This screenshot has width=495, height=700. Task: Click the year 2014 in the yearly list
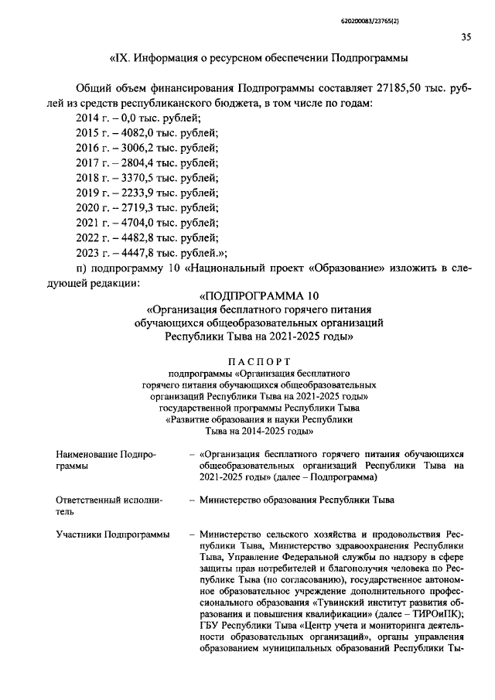pos(88,118)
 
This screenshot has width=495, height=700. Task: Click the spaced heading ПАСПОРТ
pos(259,360)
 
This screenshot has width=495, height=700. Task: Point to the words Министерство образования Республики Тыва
pos(296,500)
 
